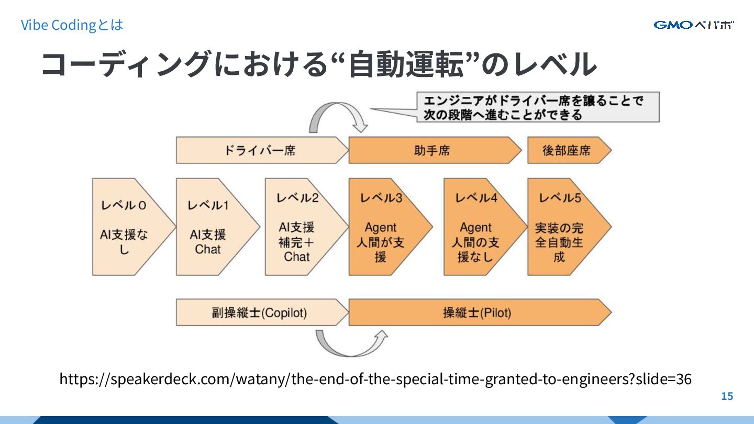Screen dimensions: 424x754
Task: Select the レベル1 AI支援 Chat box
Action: (x=212, y=227)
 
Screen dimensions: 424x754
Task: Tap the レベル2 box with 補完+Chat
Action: (x=301, y=227)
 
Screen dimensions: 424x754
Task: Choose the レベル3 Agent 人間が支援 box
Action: (x=385, y=227)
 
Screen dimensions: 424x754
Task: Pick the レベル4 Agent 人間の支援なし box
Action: (x=480, y=227)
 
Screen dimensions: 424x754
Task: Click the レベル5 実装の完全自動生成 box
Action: (x=563, y=227)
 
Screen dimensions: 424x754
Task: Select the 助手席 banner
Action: (x=432, y=151)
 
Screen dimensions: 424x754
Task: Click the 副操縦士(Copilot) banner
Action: (x=259, y=313)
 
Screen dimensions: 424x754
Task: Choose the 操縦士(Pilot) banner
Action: (x=476, y=313)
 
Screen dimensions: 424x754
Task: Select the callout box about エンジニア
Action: (x=537, y=107)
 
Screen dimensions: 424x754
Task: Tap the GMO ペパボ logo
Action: (x=694, y=25)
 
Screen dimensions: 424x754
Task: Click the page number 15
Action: (x=727, y=396)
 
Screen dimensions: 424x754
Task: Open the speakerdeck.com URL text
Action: (x=375, y=379)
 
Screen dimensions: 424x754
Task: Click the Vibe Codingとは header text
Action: (x=72, y=25)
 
